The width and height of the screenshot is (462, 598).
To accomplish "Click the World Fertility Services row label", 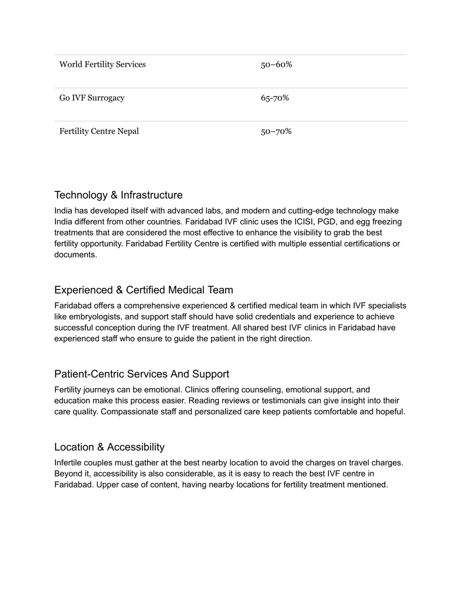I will pyautogui.click(x=102, y=65).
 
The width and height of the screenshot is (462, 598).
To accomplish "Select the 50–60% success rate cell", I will pyautogui.click(x=276, y=65).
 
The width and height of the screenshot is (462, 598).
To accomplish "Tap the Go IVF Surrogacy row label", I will pyautogui.click(x=92, y=98).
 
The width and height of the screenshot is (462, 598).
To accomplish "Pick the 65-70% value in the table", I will pyautogui.click(x=274, y=98).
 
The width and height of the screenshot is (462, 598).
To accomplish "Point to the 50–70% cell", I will pyautogui.click(x=276, y=131).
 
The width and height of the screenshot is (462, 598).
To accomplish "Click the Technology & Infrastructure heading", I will pyautogui.click(x=118, y=195).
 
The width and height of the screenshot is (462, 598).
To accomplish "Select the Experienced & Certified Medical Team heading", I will pyautogui.click(x=143, y=290).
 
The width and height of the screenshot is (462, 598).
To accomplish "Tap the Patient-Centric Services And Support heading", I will pyautogui.click(x=141, y=374).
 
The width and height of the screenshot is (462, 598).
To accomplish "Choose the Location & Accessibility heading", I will pyautogui.click(x=109, y=447).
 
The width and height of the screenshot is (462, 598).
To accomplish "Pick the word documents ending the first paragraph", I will pyautogui.click(x=75, y=255).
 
